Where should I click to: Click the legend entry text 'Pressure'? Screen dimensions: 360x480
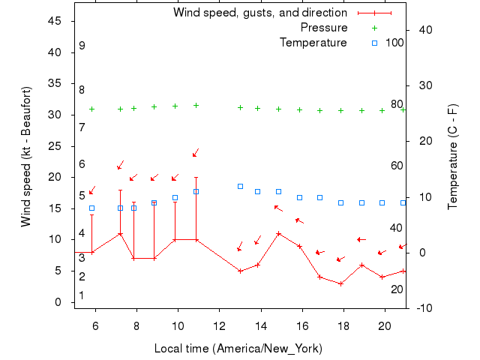[x=324, y=28]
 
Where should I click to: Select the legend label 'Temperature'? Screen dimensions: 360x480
[x=313, y=43]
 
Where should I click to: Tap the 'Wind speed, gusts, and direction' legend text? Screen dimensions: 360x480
[x=260, y=13]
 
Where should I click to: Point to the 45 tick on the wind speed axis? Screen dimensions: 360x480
[x=55, y=21]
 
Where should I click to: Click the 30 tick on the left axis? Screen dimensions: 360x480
[x=55, y=115]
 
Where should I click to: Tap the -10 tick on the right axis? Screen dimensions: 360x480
[x=421, y=308]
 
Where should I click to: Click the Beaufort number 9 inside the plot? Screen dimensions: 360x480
[x=82, y=46]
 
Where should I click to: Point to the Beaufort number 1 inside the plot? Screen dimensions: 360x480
[x=82, y=295]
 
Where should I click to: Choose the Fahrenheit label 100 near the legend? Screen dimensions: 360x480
[x=394, y=42]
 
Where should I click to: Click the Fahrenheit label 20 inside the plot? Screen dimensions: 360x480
[x=397, y=289]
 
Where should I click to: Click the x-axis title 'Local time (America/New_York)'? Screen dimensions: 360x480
[x=238, y=349]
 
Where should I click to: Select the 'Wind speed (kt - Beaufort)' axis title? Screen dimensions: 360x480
[x=25, y=157]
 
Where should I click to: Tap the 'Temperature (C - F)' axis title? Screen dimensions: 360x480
[x=453, y=157]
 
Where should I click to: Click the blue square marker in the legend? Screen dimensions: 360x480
[x=374, y=43]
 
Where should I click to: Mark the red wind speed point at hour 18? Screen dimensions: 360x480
[x=341, y=283]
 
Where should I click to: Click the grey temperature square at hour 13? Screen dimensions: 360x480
[x=240, y=186]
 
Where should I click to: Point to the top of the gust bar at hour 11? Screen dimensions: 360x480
[x=196, y=178]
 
